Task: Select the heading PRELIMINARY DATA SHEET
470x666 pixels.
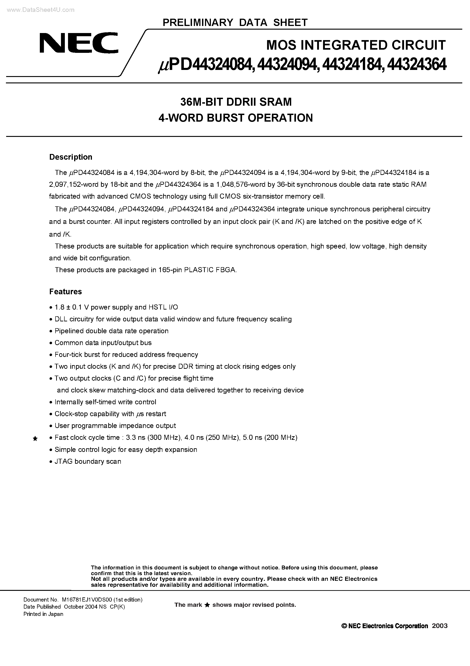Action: point(235,23)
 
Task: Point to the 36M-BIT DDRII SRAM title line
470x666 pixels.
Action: point(236,102)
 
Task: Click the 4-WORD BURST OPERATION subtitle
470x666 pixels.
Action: point(236,118)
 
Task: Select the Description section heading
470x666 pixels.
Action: point(71,157)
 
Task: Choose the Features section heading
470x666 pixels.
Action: point(66,292)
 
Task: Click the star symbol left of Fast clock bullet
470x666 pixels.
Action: point(35,439)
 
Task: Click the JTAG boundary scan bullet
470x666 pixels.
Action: point(88,461)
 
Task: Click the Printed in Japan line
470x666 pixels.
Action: point(43,614)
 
